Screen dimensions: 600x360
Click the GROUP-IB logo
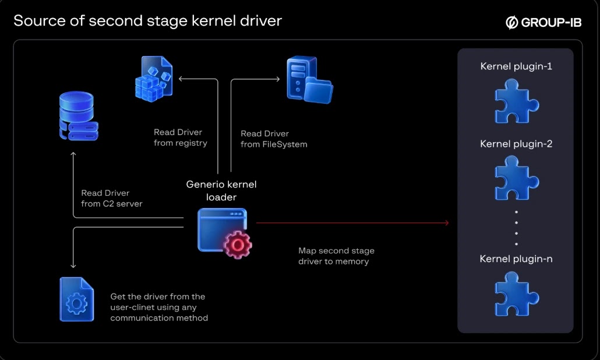coord(543,23)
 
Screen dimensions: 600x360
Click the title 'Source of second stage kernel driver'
coord(147,20)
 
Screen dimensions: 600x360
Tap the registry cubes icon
coord(154,79)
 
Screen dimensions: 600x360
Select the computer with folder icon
coord(309,80)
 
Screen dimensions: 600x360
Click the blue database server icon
coord(79,115)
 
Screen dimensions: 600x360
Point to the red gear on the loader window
coord(238,245)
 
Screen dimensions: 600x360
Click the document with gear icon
coord(76,299)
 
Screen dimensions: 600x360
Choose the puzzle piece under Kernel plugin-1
coord(517,101)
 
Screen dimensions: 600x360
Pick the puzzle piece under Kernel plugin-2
coord(517,178)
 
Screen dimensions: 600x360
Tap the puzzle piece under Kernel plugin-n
coord(517,294)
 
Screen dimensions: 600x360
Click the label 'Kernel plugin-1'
coord(516,66)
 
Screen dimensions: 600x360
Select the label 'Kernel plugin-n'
coord(516,259)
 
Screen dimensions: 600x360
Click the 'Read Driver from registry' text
coord(180,137)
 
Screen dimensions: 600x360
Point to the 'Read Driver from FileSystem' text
coord(274,139)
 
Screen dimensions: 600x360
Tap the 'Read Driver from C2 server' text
coord(112,198)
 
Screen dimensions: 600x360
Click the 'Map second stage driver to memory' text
coord(336,256)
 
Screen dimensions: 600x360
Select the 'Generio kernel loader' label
coord(221,190)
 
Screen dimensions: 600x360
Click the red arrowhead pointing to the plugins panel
coord(447,223)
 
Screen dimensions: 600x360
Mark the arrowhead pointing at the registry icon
coord(181,79)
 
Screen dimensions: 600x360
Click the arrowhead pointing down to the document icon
coord(73,266)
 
